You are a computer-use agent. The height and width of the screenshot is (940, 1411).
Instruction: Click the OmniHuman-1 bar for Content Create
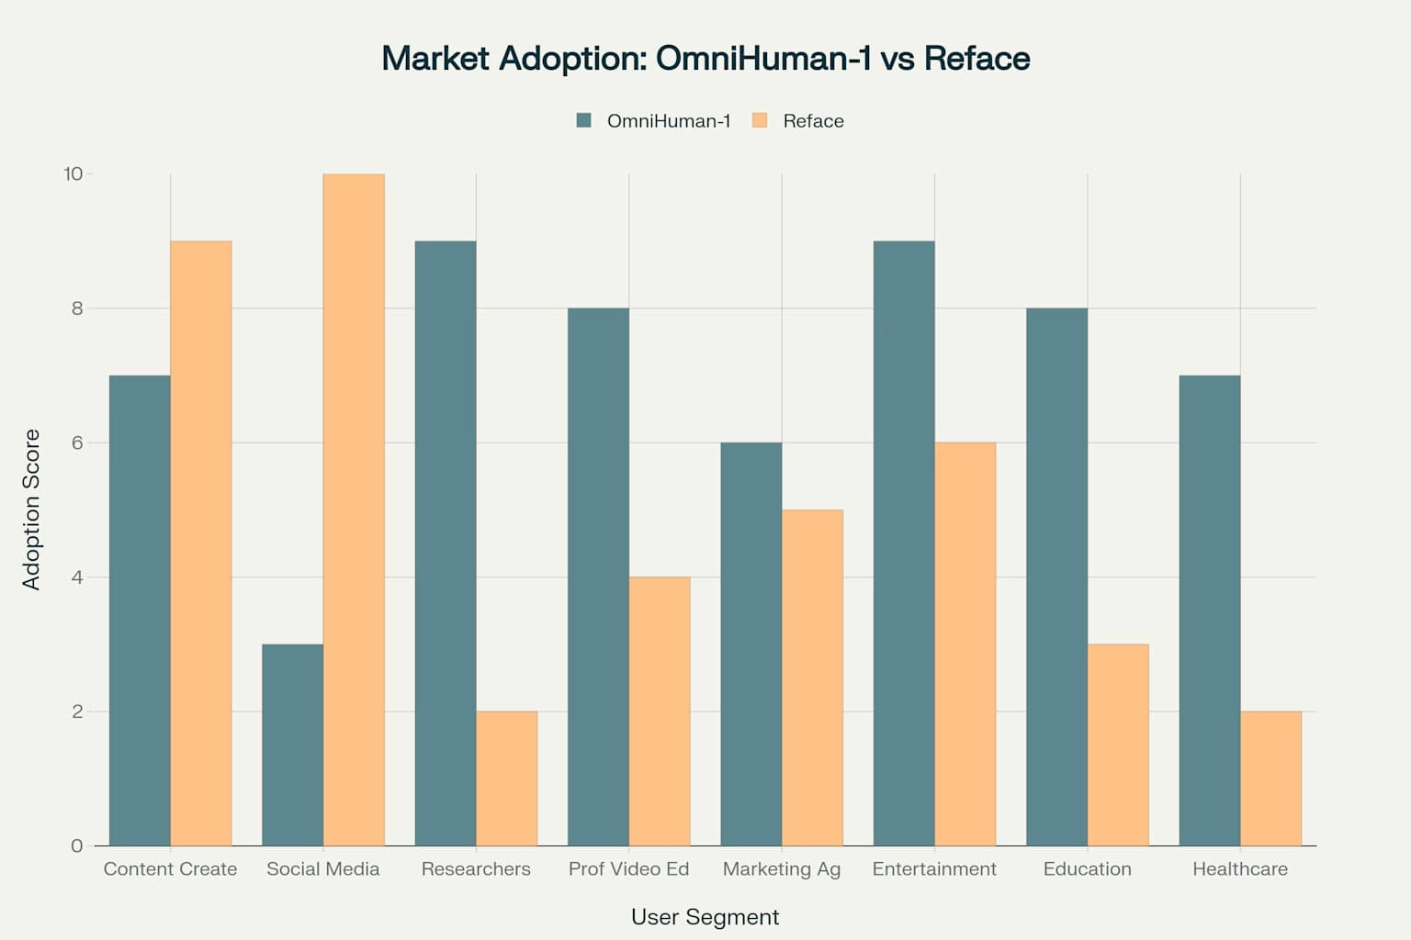140,610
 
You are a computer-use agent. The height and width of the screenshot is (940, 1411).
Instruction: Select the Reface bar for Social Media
354,509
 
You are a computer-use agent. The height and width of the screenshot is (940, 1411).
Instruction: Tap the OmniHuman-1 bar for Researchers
446,543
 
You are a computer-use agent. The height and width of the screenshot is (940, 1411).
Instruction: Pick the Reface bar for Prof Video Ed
660,711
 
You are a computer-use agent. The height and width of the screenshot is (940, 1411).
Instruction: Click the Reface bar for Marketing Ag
812,677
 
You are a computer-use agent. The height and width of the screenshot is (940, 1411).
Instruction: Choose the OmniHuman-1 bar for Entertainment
904,543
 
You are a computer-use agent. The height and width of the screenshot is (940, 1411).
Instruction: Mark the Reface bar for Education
1118,744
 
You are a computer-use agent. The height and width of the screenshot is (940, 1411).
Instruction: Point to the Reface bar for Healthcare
1270,778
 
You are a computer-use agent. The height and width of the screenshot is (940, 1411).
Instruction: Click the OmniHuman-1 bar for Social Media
292,744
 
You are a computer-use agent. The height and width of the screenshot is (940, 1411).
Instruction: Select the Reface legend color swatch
760,120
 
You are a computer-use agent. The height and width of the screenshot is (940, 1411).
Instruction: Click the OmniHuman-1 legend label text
669,121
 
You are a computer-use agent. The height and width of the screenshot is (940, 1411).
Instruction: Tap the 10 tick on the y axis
73,173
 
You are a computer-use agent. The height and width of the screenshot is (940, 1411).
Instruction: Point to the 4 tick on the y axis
76,577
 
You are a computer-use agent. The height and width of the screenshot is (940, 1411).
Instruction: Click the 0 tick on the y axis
76,845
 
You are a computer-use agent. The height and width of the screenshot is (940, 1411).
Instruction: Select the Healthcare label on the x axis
1239,868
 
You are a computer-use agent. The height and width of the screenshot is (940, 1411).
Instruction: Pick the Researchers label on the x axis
476,868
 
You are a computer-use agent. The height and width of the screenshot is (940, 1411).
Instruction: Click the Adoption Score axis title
31,509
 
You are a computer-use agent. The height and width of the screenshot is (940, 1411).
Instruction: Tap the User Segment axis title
705,917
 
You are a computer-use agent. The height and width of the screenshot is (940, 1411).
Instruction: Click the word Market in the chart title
435,58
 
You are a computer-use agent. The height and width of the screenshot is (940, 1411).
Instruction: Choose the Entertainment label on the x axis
934,868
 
